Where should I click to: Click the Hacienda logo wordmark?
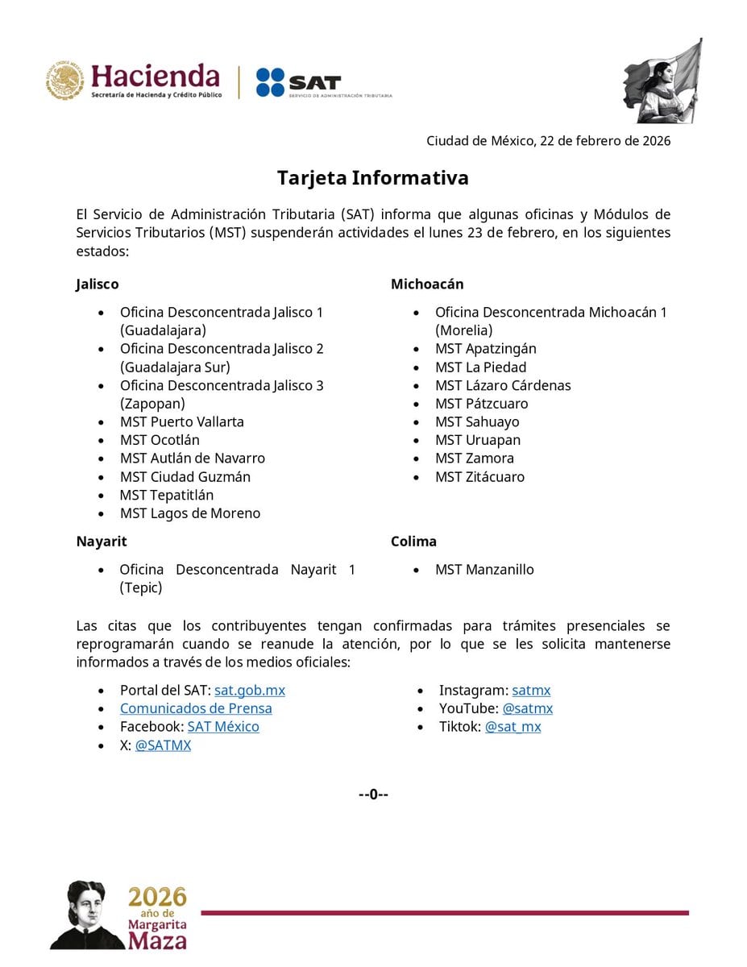point(155,77)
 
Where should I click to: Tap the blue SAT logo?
point(298,82)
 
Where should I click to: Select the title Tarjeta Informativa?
point(373,177)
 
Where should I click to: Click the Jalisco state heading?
point(98,284)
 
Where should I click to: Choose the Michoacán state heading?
point(427,284)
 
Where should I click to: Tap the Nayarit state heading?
point(102,542)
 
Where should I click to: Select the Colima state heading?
point(413,542)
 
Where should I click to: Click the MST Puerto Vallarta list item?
point(182,421)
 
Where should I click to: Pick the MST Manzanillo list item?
point(484,570)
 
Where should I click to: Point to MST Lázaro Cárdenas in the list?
point(503,385)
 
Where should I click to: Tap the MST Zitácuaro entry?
point(479,477)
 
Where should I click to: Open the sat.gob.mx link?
point(250,691)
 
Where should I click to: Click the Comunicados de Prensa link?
point(196,708)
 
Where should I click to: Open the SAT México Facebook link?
point(223,727)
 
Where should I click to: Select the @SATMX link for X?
point(163,745)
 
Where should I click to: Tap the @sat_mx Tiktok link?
point(513,727)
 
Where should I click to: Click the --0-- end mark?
point(373,795)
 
